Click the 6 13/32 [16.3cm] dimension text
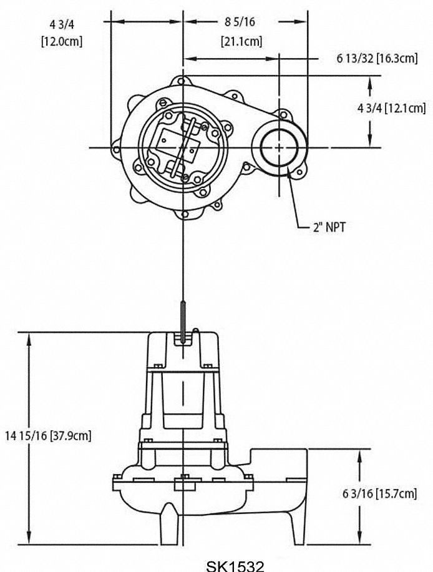[x=377, y=58]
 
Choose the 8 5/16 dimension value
[x=241, y=22]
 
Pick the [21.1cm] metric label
[x=241, y=42]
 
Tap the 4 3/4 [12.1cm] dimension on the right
[x=391, y=108]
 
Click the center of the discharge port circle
[x=279, y=147]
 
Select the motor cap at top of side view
[x=183, y=350]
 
